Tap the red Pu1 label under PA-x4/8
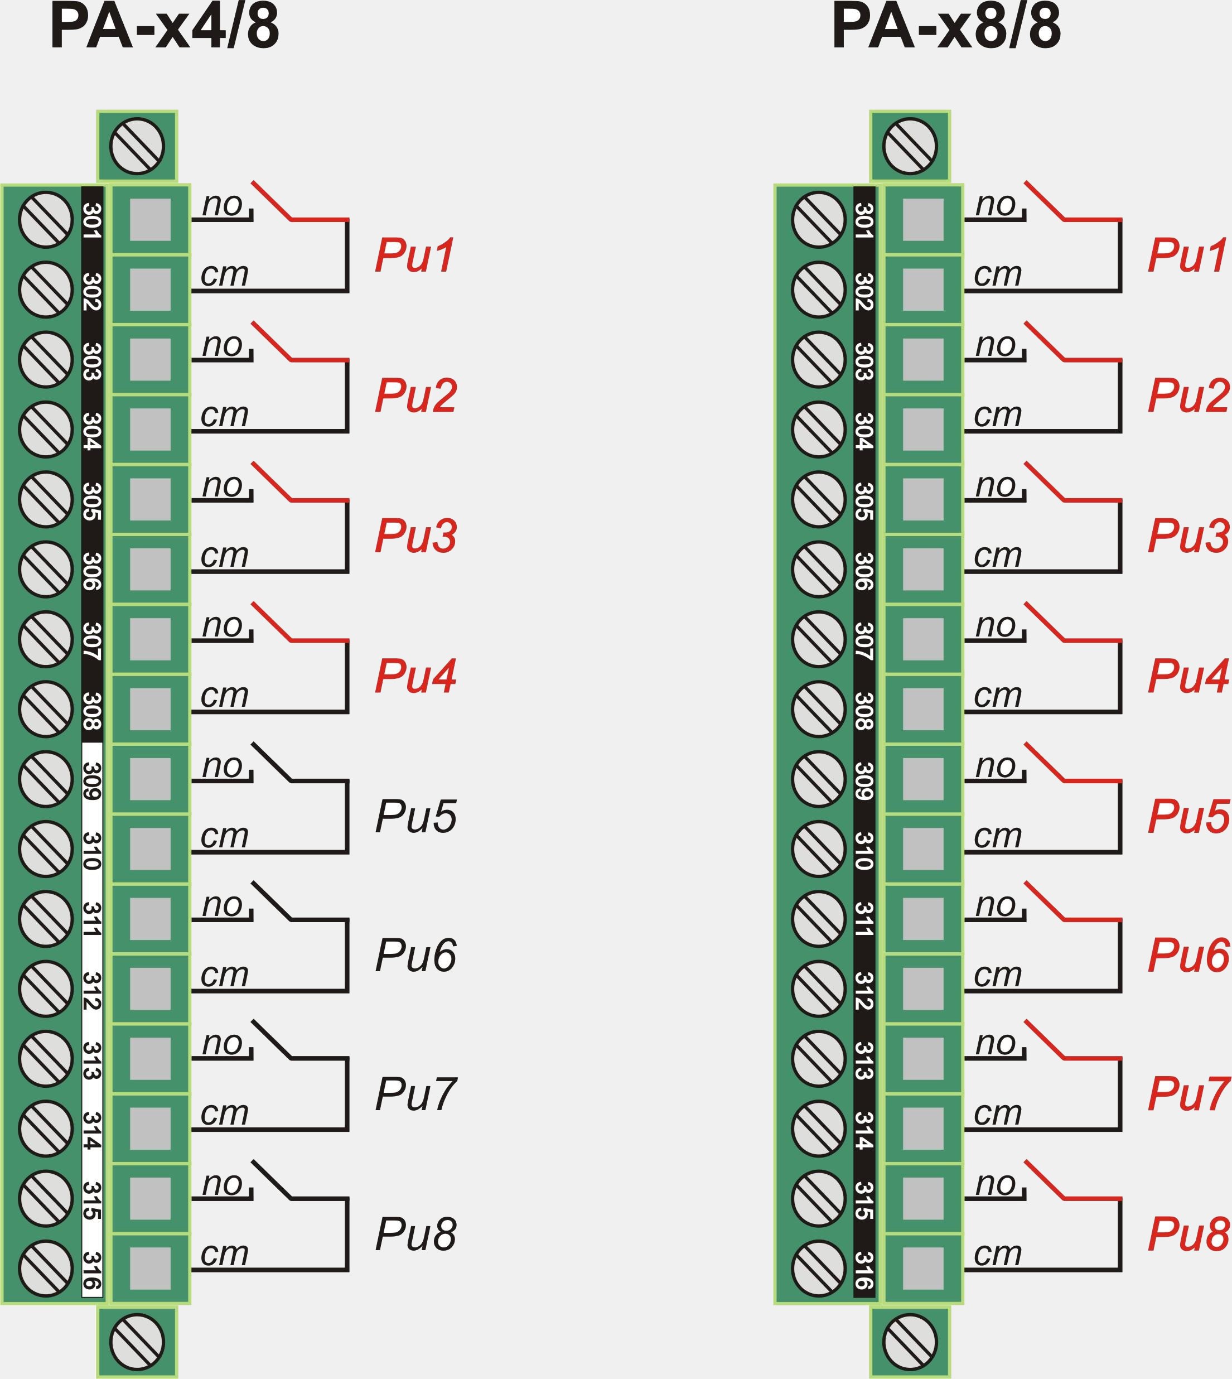point(414,256)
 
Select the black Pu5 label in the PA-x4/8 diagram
point(416,816)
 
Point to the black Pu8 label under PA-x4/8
point(416,1234)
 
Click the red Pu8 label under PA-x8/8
point(1188,1233)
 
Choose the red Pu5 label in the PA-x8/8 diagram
point(1188,816)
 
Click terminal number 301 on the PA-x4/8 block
point(92,221)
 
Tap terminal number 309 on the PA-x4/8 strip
point(92,780)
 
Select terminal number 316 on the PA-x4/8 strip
point(92,1271)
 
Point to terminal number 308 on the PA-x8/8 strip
point(864,710)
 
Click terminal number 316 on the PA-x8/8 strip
point(864,1271)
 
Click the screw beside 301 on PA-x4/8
point(45,219)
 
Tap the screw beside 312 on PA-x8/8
point(818,989)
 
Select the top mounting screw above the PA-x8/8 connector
point(910,146)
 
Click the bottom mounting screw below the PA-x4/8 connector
point(137,1342)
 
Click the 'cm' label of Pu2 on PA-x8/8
point(997,415)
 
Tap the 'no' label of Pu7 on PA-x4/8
point(222,1043)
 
